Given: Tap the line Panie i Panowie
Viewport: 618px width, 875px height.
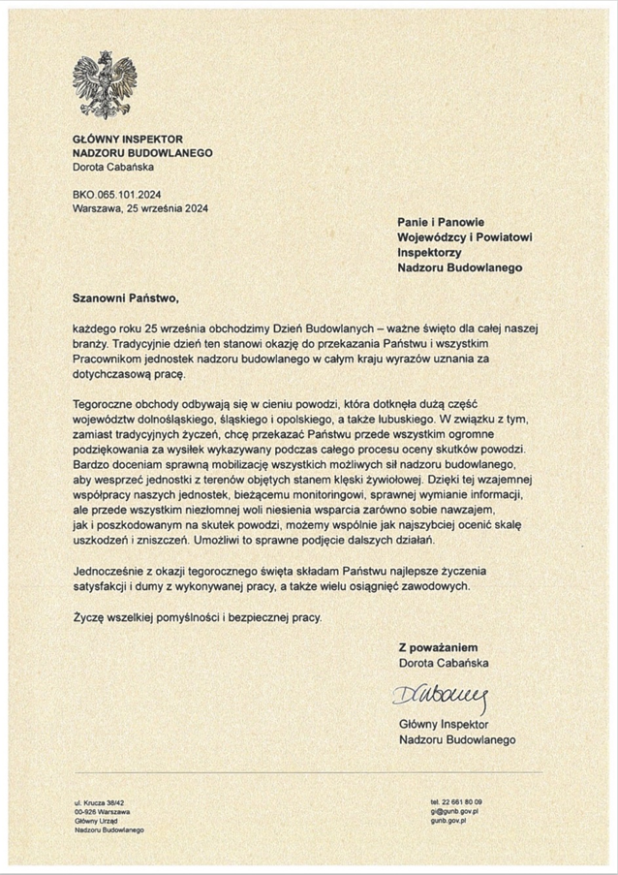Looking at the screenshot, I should (x=442, y=223).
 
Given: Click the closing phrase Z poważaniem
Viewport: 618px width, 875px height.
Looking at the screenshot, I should (x=438, y=647).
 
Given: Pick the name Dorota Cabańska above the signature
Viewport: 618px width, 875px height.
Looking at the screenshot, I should (x=444, y=663).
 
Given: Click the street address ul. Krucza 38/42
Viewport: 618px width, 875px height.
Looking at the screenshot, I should (x=99, y=803).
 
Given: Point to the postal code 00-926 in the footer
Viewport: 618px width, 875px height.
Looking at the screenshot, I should (x=85, y=812).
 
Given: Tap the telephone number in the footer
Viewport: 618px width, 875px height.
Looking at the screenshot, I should (x=455, y=802).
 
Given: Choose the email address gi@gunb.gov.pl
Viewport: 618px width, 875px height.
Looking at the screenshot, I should (x=455, y=811).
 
